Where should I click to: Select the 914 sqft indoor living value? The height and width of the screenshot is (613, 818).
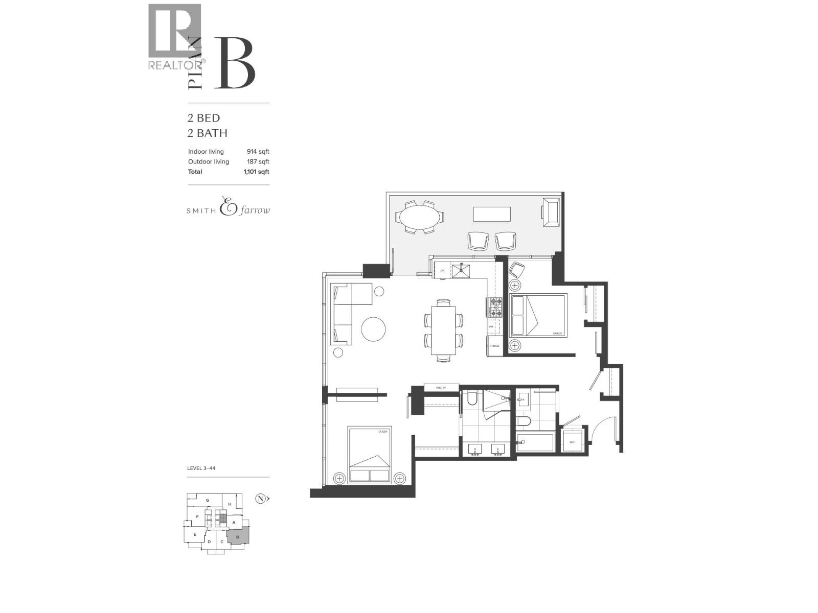(258, 152)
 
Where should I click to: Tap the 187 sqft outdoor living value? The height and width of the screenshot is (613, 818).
(258, 162)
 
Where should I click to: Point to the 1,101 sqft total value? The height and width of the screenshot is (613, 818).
(256, 172)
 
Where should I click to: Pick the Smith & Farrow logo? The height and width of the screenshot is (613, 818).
(228, 206)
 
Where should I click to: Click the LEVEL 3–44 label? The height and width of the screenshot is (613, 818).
(201, 468)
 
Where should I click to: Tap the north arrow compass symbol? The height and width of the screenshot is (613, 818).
(261, 499)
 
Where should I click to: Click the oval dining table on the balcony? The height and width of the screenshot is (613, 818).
(418, 217)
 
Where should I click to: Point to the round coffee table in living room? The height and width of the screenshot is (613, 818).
(373, 329)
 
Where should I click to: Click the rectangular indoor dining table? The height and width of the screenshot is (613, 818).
(443, 330)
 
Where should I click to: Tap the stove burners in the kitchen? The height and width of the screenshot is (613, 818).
(494, 308)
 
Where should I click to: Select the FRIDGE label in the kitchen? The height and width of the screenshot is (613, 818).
(494, 346)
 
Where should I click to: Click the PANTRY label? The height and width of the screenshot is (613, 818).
(441, 388)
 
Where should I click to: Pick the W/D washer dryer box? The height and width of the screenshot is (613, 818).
(572, 442)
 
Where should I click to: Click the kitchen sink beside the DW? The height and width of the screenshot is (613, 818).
(464, 269)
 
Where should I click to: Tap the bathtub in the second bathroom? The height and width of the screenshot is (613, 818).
(535, 442)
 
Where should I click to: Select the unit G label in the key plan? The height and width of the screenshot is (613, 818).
(208, 500)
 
